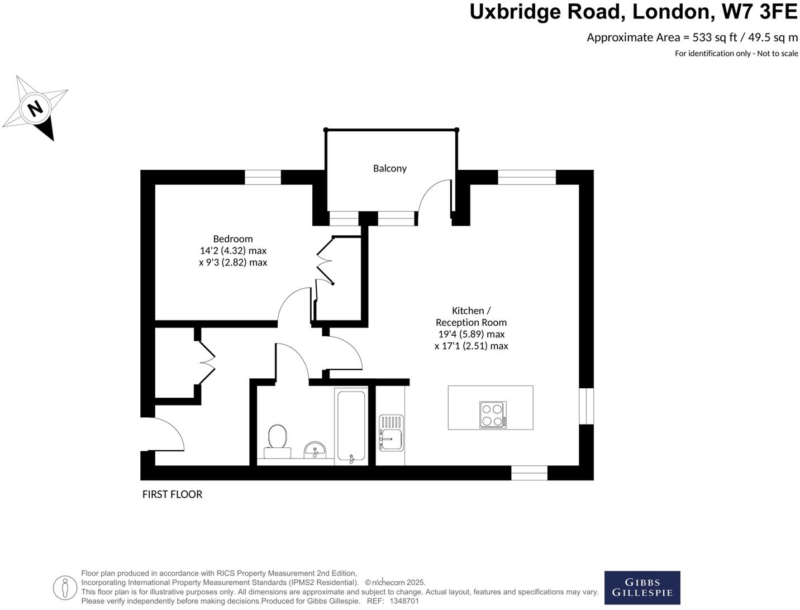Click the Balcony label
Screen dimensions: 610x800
[x=389, y=168]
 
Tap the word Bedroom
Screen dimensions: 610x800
[x=233, y=239]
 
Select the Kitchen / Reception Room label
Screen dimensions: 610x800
[x=471, y=316]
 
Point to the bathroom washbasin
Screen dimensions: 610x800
[x=315, y=449]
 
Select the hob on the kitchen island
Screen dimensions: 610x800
[x=492, y=414]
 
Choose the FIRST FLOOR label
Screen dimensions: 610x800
[x=172, y=494]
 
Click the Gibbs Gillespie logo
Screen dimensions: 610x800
[x=642, y=588]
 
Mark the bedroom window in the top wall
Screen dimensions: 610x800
[x=263, y=177]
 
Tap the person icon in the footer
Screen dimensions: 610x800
[x=65, y=588]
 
